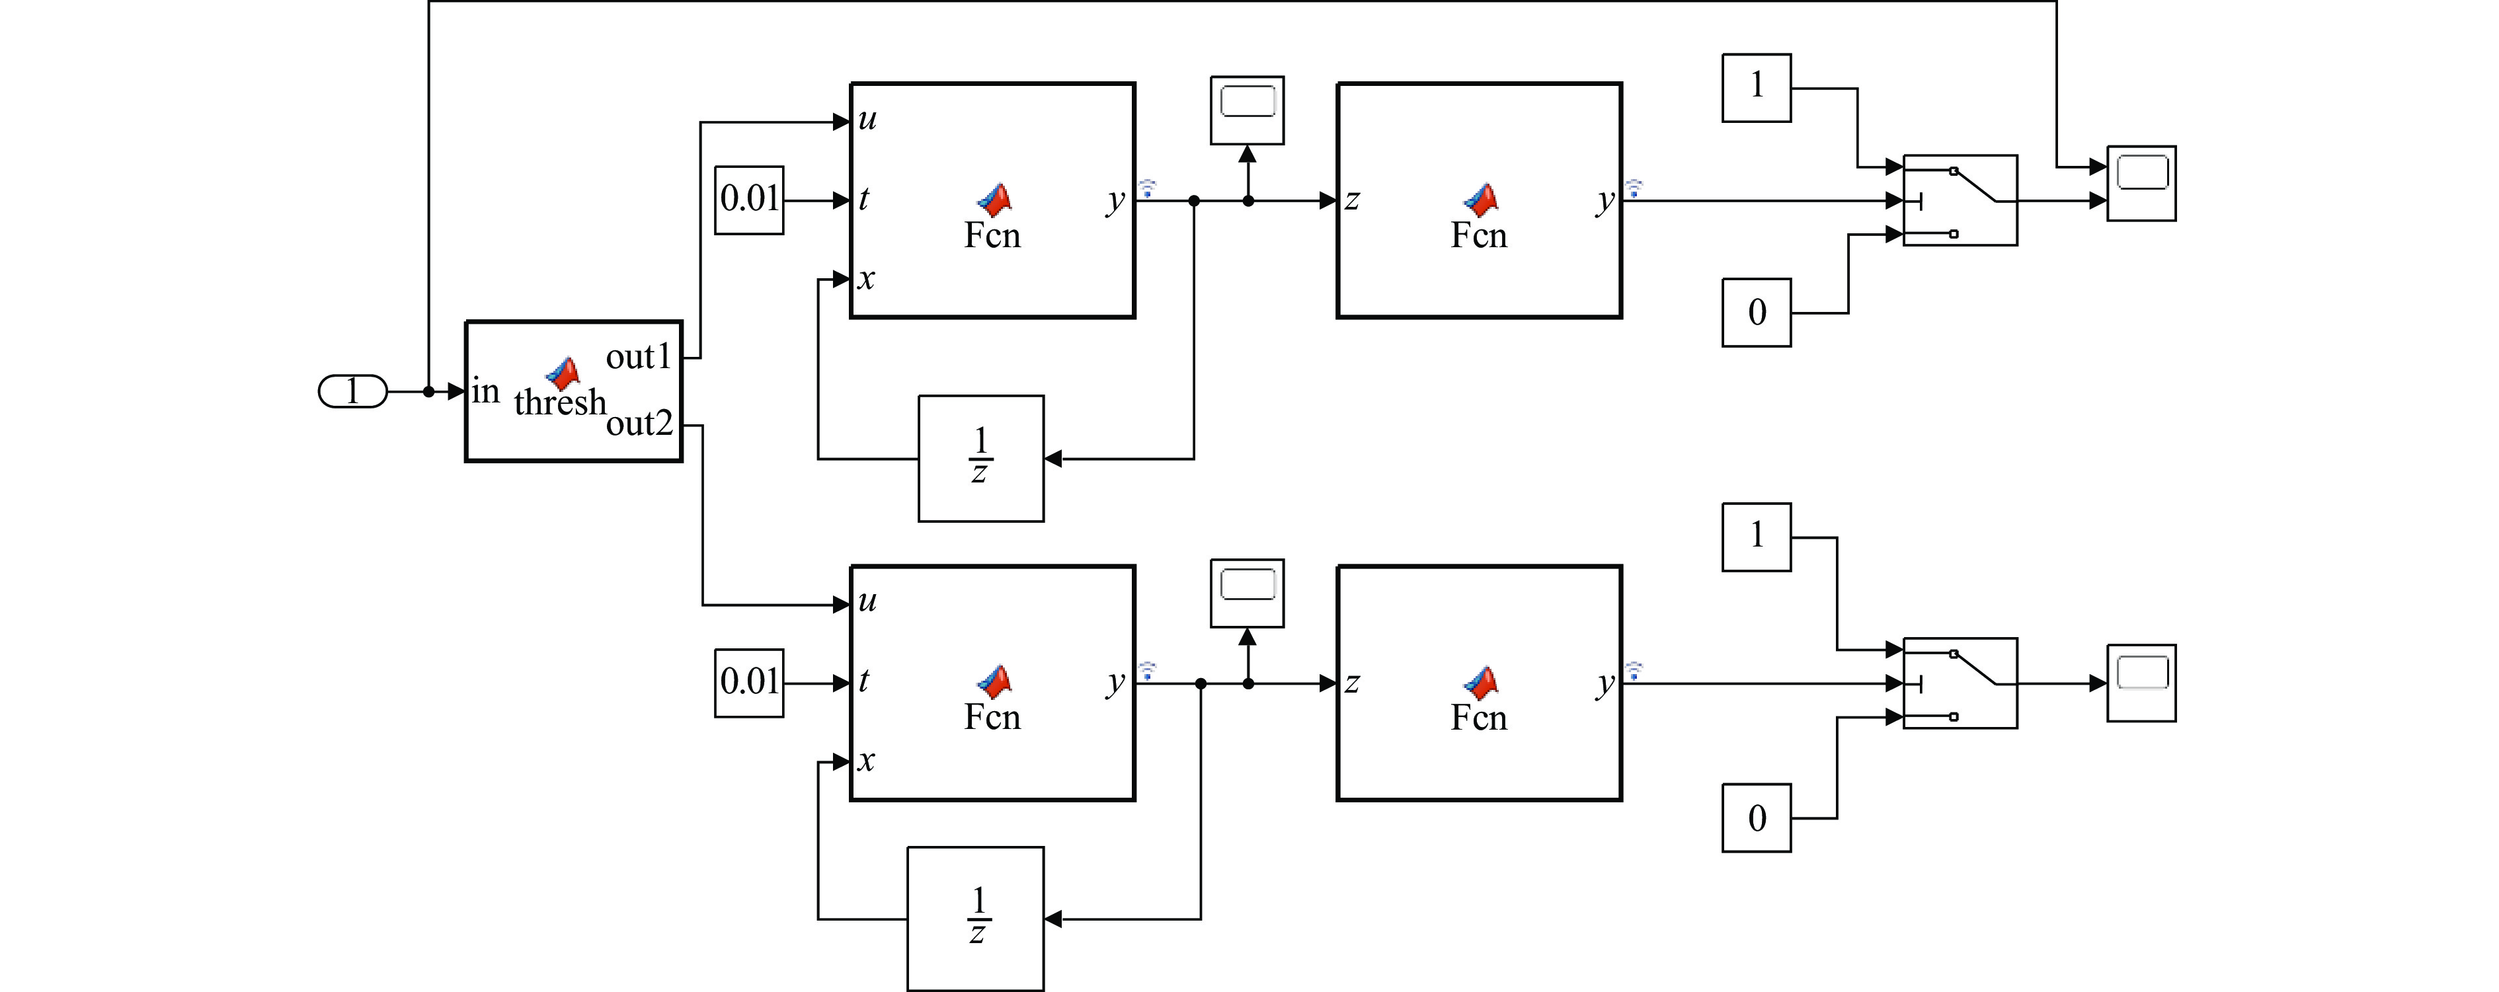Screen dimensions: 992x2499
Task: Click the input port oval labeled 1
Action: pos(352,392)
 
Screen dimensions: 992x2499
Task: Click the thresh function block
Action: pos(573,391)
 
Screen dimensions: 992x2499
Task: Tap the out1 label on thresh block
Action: pos(639,357)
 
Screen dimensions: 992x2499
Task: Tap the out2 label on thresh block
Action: pos(639,423)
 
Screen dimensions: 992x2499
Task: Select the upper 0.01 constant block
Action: pos(749,200)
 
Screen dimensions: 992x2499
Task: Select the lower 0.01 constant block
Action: pos(749,683)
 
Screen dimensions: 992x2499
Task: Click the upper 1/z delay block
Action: pos(981,458)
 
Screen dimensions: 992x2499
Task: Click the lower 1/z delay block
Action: pos(975,917)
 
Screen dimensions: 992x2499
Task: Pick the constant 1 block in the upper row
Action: pos(1756,87)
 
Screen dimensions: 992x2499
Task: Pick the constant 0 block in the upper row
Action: pos(1756,312)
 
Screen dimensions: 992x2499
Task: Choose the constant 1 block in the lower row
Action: pos(1756,536)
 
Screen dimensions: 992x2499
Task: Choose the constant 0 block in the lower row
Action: pos(1756,818)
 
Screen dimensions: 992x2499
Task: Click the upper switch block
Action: pos(1960,200)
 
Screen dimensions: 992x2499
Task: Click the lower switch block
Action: pos(1960,683)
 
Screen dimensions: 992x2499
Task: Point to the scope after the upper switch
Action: pos(2141,183)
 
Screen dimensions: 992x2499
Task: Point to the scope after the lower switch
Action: pos(2141,683)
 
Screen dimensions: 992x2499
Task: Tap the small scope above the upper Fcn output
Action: pos(1247,110)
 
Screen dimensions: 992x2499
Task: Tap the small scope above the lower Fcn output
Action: pos(1247,592)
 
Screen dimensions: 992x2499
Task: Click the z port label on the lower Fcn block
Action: pos(1351,683)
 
